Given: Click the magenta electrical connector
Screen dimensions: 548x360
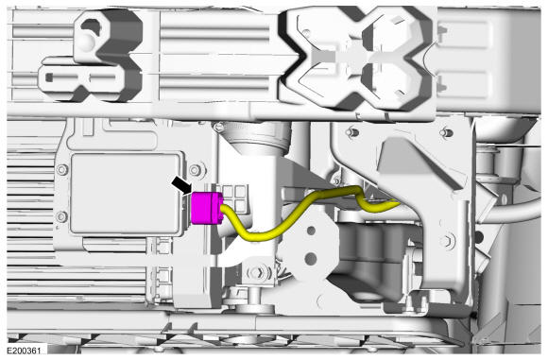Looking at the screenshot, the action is [207, 208].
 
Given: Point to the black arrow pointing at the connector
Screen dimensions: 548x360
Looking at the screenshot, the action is [182, 184].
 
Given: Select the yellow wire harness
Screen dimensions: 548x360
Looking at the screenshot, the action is [308, 214].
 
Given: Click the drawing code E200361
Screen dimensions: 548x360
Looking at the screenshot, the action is [24, 351].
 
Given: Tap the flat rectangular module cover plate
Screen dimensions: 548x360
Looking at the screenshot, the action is [126, 194].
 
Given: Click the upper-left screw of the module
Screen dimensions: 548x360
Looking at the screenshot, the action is [61, 170].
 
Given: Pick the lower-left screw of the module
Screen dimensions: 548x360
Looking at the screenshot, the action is [61, 216].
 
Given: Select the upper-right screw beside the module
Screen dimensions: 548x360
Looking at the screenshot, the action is [195, 171].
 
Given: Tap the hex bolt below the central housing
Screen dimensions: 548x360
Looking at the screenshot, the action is [258, 272].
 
